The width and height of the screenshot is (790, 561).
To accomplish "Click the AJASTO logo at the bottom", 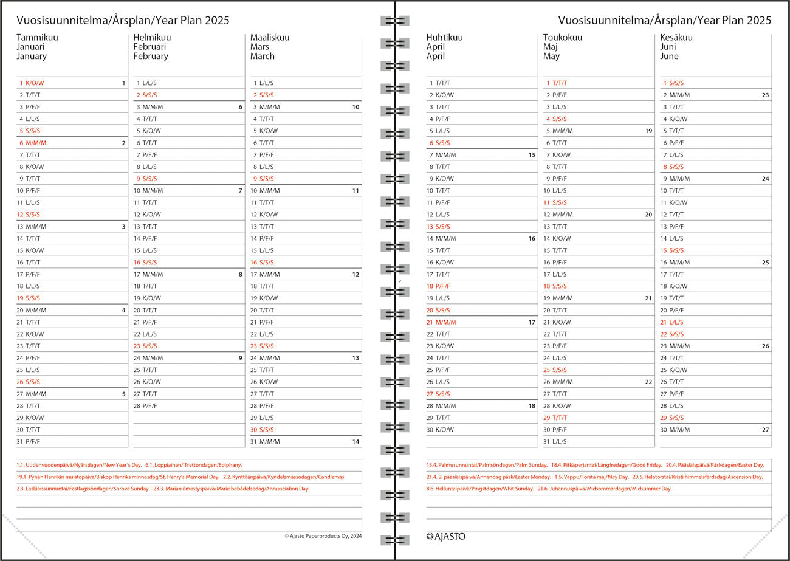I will pyautogui.click(x=445, y=536).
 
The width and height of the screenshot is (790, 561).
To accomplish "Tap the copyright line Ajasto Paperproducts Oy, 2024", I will pyautogui.click(x=323, y=536).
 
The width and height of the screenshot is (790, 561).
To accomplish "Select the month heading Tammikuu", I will pyautogui.click(x=38, y=37).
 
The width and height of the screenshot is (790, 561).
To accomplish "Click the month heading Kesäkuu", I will pyautogui.click(x=676, y=37).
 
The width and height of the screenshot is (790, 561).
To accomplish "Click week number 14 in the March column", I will pyautogui.click(x=355, y=442).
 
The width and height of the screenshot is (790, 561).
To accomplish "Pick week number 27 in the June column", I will pyautogui.click(x=765, y=430).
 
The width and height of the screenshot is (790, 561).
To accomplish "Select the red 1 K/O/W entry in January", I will pyautogui.click(x=32, y=83).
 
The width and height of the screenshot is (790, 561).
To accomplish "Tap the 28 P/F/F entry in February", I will pyautogui.click(x=145, y=405).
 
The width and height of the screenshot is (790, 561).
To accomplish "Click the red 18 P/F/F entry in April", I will pyautogui.click(x=438, y=286).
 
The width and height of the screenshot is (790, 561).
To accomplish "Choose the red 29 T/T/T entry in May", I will pyautogui.click(x=555, y=418).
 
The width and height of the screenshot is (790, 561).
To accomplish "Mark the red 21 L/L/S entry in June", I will pyautogui.click(x=671, y=322).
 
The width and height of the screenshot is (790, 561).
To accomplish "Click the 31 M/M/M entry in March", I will pyautogui.click(x=265, y=442).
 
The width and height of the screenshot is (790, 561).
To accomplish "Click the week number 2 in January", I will pyautogui.click(x=123, y=143).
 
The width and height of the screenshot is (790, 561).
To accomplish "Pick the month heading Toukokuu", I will pyautogui.click(x=562, y=37).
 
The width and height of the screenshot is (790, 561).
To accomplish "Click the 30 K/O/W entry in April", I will pyautogui.click(x=440, y=430).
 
